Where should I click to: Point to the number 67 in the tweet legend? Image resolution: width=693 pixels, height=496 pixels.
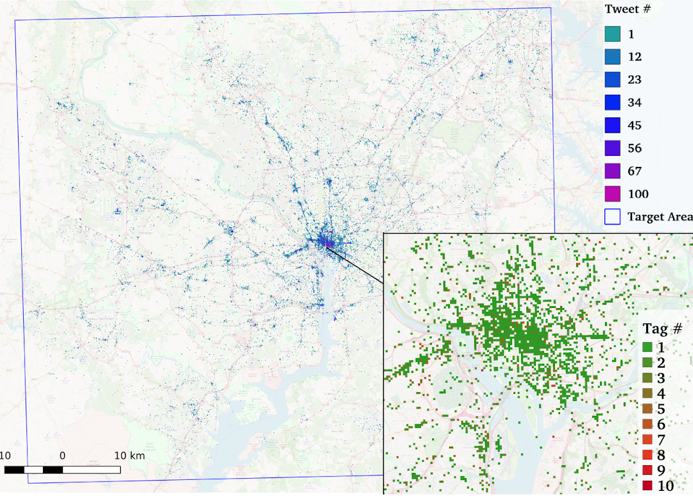(x=635, y=171)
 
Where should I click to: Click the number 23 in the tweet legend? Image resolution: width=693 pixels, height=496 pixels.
(x=635, y=80)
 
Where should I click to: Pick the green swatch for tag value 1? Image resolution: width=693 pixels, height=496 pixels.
(x=647, y=346)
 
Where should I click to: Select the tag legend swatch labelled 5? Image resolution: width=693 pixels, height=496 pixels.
(x=647, y=409)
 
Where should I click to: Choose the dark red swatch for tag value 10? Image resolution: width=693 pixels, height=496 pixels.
(x=647, y=486)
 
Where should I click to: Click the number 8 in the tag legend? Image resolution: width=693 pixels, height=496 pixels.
(x=661, y=456)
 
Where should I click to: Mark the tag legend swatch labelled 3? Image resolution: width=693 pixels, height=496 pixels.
(x=647, y=378)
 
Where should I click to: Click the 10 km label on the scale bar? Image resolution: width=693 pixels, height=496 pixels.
(x=130, y=456)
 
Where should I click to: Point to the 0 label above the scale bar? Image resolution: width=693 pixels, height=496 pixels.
(x=62, y=456)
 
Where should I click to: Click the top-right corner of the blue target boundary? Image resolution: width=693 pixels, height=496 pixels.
(x=551, y=8)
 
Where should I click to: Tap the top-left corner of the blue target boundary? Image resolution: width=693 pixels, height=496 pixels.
(x=15, y=20)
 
